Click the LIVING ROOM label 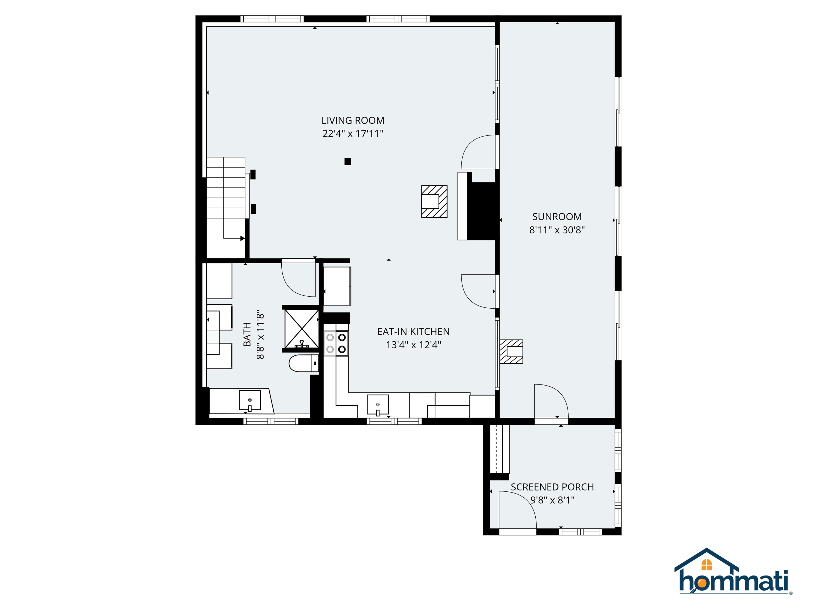(x=353, y=121)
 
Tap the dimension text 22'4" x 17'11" (x=353, y=134)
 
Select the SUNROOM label (x=557, y=217)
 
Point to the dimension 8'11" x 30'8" (x=557, y=230)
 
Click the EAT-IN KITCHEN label (x=413, y=332)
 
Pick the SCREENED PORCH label (x=552, y=487)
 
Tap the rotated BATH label (x=247, y=334)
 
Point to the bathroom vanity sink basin (x=250, y=400)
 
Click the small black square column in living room (x=348, y=161)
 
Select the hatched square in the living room (x=434, y=201)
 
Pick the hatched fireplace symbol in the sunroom (x=511, y=351)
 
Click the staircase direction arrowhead (x=242, y=238)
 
